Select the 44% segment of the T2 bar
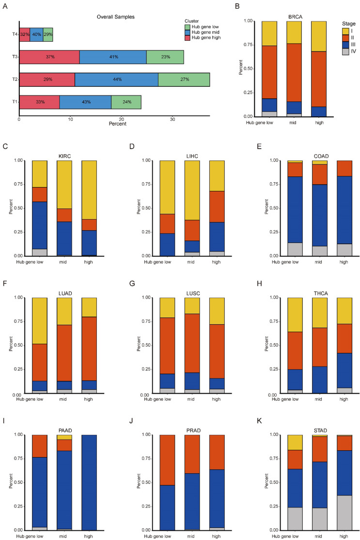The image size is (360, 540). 116,79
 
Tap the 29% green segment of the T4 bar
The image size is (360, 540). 48,34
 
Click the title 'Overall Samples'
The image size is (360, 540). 114,17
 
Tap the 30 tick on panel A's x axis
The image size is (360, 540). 173,117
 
